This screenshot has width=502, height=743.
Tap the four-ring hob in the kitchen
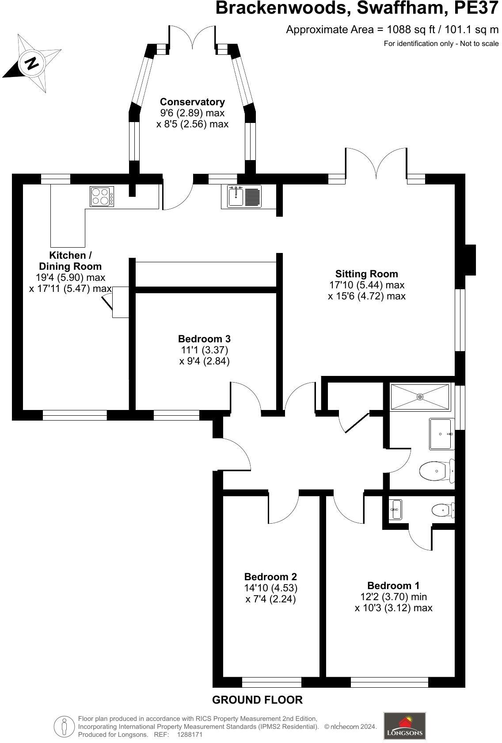click(x=100, y=196)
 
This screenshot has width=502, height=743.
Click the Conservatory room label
click(x=192, y=102)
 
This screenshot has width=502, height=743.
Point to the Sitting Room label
click(x=366, y=274)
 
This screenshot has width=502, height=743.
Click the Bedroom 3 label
click(x=204, y=339)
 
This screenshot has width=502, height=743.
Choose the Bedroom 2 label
click(x=270, y=577)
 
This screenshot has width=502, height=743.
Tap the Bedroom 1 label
click(x=393, y=586)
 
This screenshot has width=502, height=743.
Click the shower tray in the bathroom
click(x=420, y=397)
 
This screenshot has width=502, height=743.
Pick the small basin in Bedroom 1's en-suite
click(x=396, y=509)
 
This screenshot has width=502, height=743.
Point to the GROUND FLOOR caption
click(x=257, y=700)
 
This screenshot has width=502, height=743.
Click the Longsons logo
click(x=404, y=725)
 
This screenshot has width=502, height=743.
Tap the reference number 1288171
click(x=189, y=734)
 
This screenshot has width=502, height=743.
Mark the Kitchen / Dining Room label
click(x=70, y=261)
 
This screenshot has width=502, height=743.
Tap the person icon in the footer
click(x=65, y=726)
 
